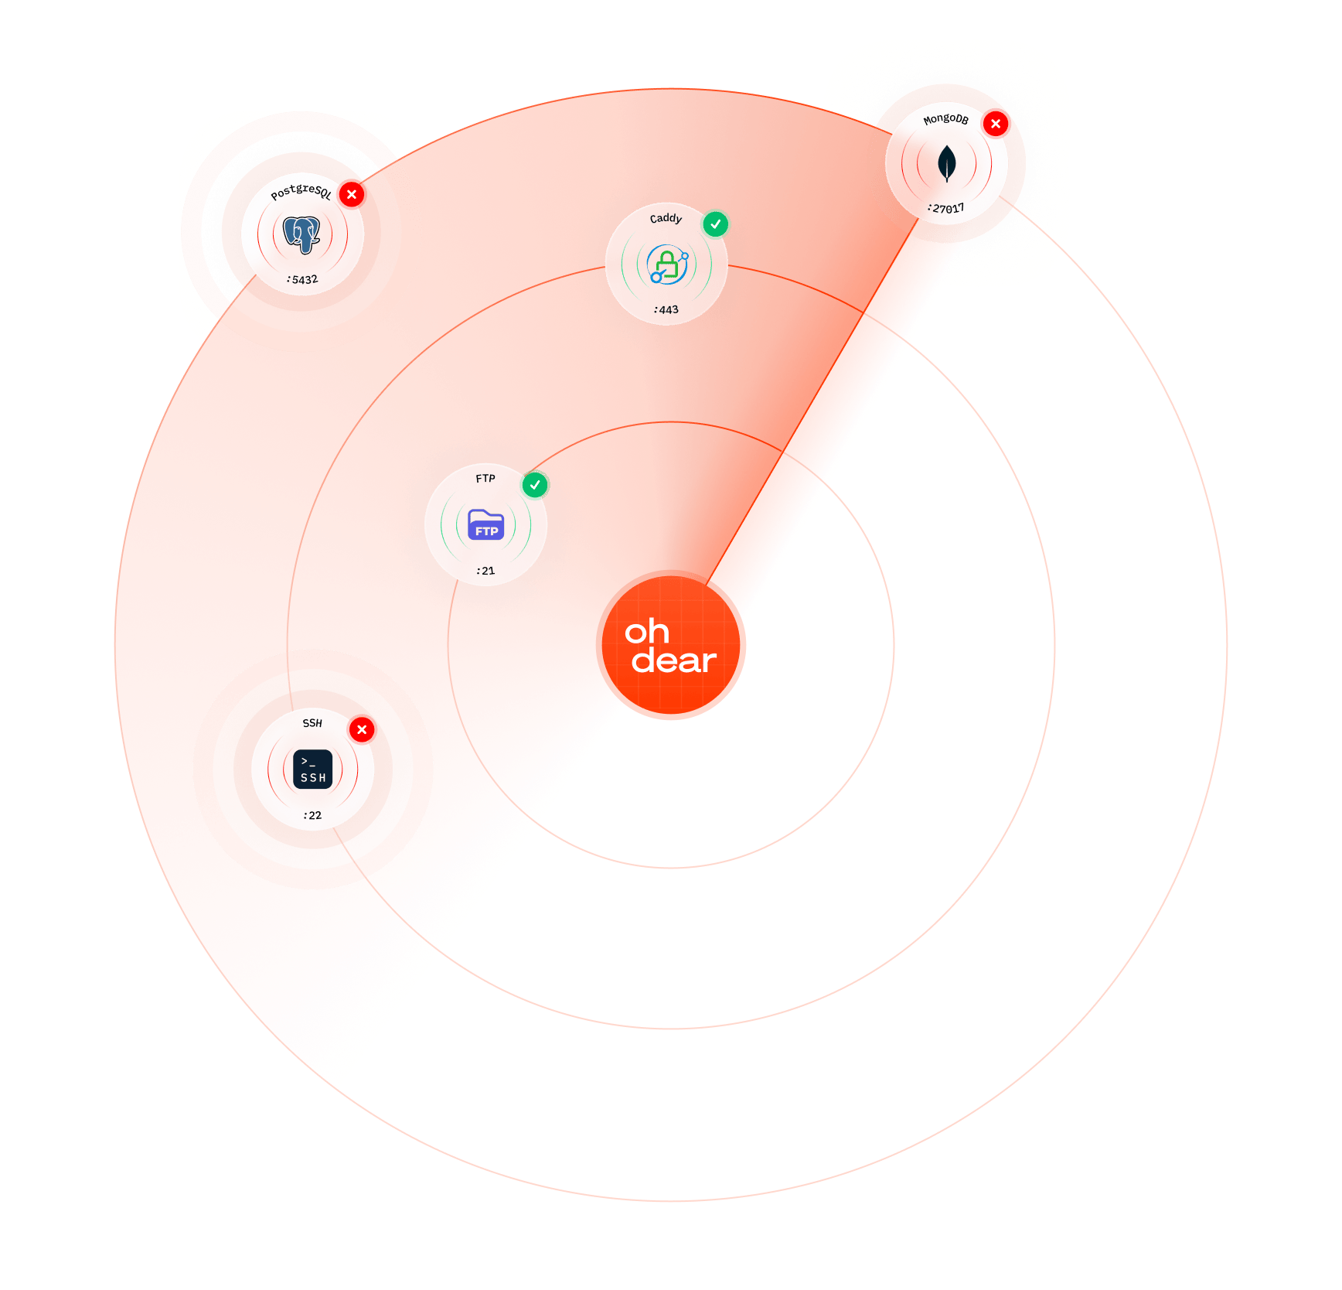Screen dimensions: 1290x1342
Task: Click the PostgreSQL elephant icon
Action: (x=302, y=234)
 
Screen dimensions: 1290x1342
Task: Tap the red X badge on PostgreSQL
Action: (x=352, y=194)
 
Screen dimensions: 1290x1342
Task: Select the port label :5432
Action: (x=302, y=279)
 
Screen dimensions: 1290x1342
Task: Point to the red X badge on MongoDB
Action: (x=996, y=124)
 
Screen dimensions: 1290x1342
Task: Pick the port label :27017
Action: (x=946, y=209)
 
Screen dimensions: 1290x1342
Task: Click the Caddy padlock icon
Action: (x=666, y=264)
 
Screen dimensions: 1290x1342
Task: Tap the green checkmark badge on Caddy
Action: (x=716, y=224)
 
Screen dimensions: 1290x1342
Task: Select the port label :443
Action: (x=666, y=309)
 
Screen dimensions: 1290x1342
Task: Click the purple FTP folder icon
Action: (x=485, y=525)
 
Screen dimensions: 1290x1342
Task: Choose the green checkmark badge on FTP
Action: (x=535, y=485)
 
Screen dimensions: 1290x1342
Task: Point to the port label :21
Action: (x=485, y=571)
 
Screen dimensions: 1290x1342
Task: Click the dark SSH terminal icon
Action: (x=312, y=770)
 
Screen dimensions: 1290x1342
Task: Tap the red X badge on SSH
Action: (x=362, y=729)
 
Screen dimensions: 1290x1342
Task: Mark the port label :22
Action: (x=312, y=815)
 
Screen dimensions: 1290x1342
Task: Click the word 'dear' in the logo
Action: (x=674, y=661)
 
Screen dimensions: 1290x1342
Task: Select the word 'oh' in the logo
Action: (x=647, y=632)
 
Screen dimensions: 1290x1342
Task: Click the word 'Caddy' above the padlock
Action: (x=666, y=218)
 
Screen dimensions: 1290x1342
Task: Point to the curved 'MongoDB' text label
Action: (x=945, y=118)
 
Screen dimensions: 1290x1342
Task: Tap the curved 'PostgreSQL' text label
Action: (x=301, y=190)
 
